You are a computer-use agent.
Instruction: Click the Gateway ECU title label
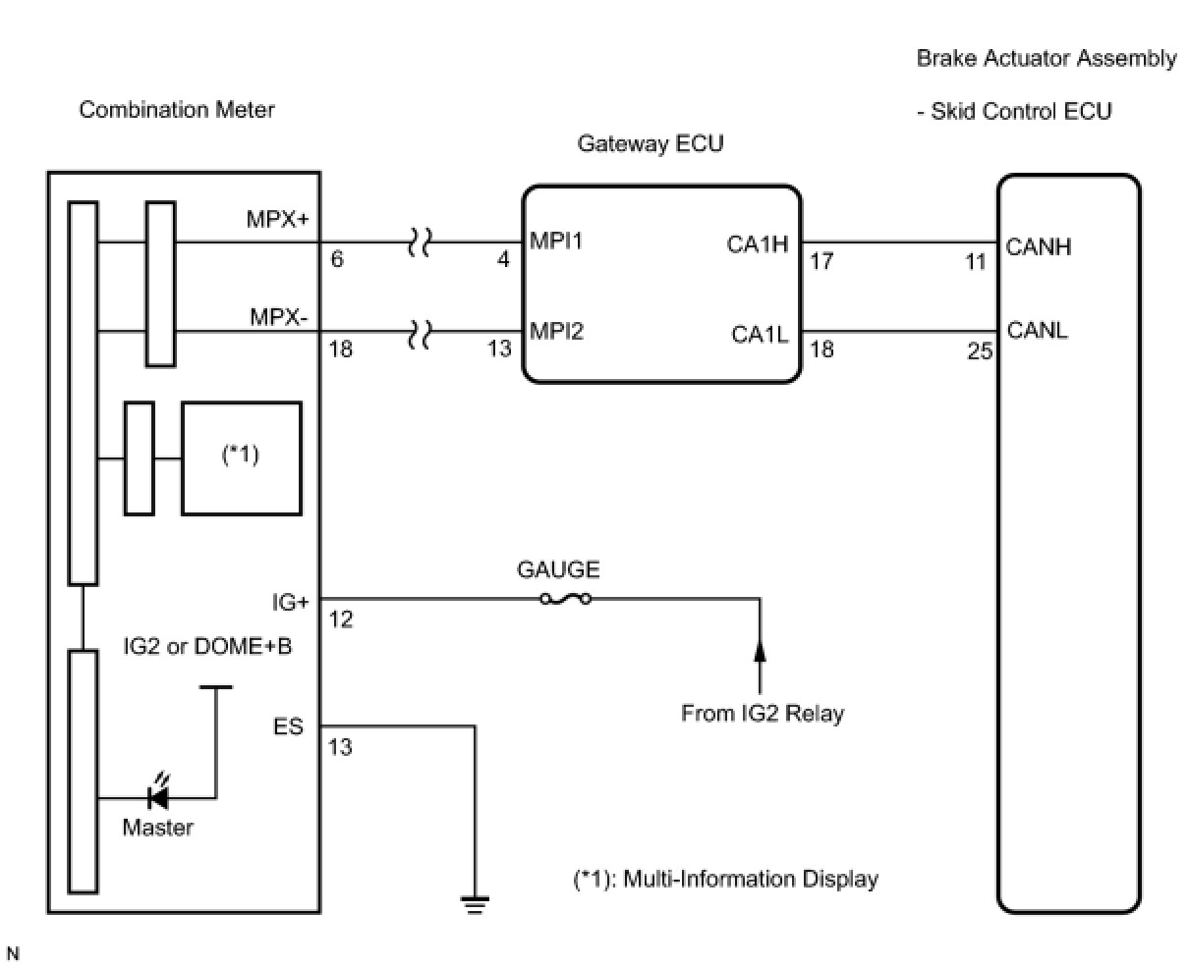click(651, 144)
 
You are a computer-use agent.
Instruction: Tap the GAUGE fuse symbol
click(565, 600)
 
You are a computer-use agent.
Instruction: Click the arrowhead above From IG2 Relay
click(760, 651)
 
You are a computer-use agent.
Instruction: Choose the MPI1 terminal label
click(556, 241)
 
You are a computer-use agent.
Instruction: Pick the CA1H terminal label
click(758, 244)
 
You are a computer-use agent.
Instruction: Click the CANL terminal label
click(1037, 330)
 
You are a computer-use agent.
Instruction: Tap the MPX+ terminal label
click(277, 219)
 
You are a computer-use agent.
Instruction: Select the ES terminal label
click(288, 726)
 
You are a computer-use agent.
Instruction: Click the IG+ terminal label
click(290, 602)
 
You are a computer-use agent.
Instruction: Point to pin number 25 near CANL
click(980, 351)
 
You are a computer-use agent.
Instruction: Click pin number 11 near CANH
click(975, 261)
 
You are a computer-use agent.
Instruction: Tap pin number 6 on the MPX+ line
click(337, 259)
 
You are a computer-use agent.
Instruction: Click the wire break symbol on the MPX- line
click(420, 334)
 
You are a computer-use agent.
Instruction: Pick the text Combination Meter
click(177, 110)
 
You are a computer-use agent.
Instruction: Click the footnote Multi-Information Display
click(750, 879)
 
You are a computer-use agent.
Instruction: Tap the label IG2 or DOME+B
click(207, 646)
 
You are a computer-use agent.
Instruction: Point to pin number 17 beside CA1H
click(821, 261)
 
